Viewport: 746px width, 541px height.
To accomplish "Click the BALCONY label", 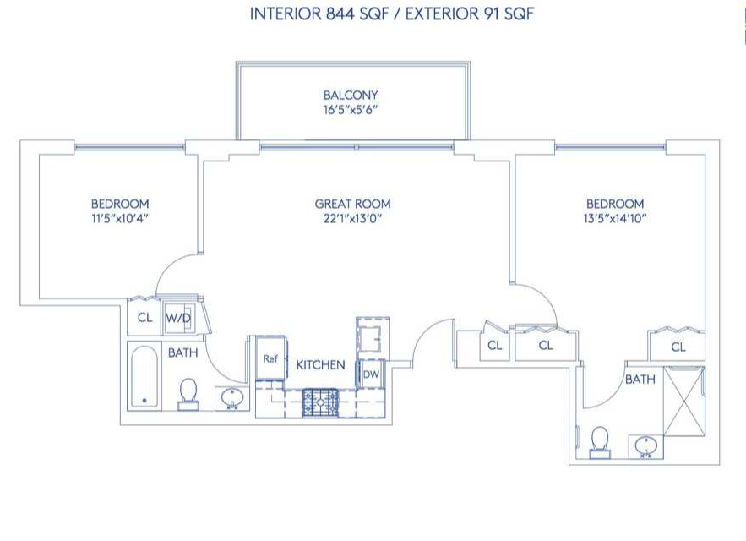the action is tap(351, 95).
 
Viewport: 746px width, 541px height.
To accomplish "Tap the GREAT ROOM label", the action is tap(352, 204).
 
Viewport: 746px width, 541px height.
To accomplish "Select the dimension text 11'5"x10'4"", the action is tap(120, 219).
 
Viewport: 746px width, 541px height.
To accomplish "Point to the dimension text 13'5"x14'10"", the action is tap(615, 219).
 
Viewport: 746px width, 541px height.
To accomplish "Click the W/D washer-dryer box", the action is tap(179, 317).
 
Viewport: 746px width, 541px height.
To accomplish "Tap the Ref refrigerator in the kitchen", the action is tap(270, 358).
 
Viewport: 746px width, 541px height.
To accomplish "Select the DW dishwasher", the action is tap(371, 374).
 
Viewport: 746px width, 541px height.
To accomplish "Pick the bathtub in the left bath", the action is tap(144, 376).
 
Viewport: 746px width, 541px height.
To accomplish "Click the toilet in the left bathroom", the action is tap(188, 394).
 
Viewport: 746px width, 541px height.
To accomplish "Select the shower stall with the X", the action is tap(683, 401).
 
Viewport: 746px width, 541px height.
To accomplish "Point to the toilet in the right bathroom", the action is tap(600, 442).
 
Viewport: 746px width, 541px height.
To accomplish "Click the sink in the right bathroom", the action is tap(645, 446).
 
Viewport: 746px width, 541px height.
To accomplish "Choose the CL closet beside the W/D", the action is tap(144, 317).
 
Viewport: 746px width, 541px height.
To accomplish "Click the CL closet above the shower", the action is tap(678, 347).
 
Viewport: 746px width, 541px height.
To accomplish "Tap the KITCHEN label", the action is tap(321, 365).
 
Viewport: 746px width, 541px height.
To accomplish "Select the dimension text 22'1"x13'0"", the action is tap(352, 219).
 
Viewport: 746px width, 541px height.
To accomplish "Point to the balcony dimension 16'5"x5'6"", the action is tap(351, 110).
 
